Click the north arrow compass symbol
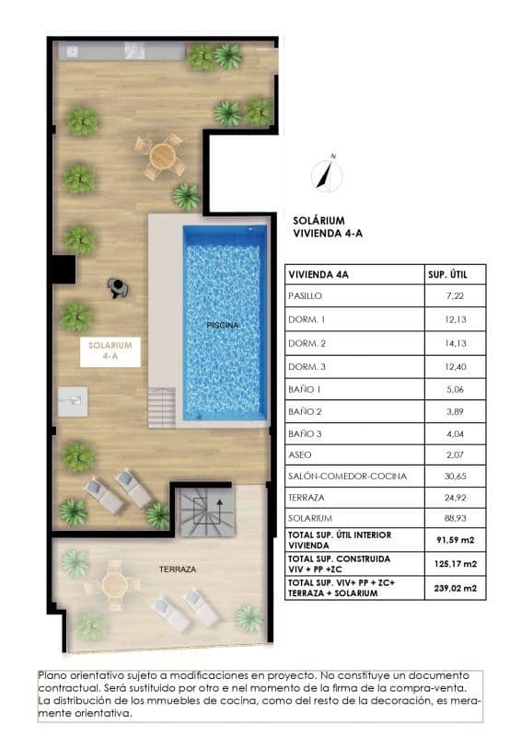[x=325, y=172]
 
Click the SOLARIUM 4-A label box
[x=110, y=350]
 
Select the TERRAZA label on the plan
[x=177, y=569]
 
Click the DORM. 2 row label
[x=309, y=341]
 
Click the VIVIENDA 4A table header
[x=318, y=274]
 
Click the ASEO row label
[x=302, y=454]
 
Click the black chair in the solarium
[x=118, y=288]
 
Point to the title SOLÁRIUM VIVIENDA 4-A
[x=328, y=227]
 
